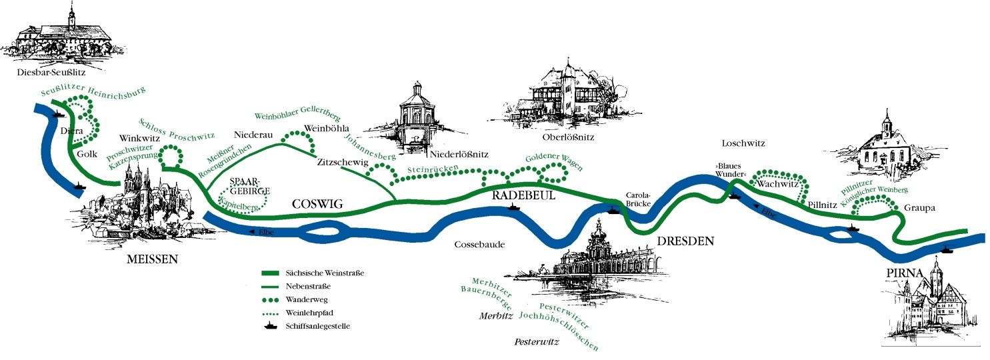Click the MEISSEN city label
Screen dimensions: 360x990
pyautogui.click(x=152, y=259)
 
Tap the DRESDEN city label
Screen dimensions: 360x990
pyautogui.click(x=685, y=241)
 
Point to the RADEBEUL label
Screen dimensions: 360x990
pyautogui.click(x=523, y=195)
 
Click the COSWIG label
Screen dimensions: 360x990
pyautogui.click(x=317, y=204)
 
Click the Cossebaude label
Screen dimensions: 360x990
pyautogui.click(x=479, y=244)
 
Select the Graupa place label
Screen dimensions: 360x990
pyautogui.click(x=919, y=208)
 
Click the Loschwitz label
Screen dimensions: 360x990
pyautogui.click(x=743, y=143)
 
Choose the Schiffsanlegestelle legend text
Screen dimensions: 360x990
pyautogui.click(x=318, y=326)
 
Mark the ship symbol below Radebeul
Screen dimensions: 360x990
pyautogui.click(x=513, y=207)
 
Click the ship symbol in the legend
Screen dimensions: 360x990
pyautogui.click(x=271, y=326)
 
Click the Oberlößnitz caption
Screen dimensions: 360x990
pyautogui.click(x=568, y=138)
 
